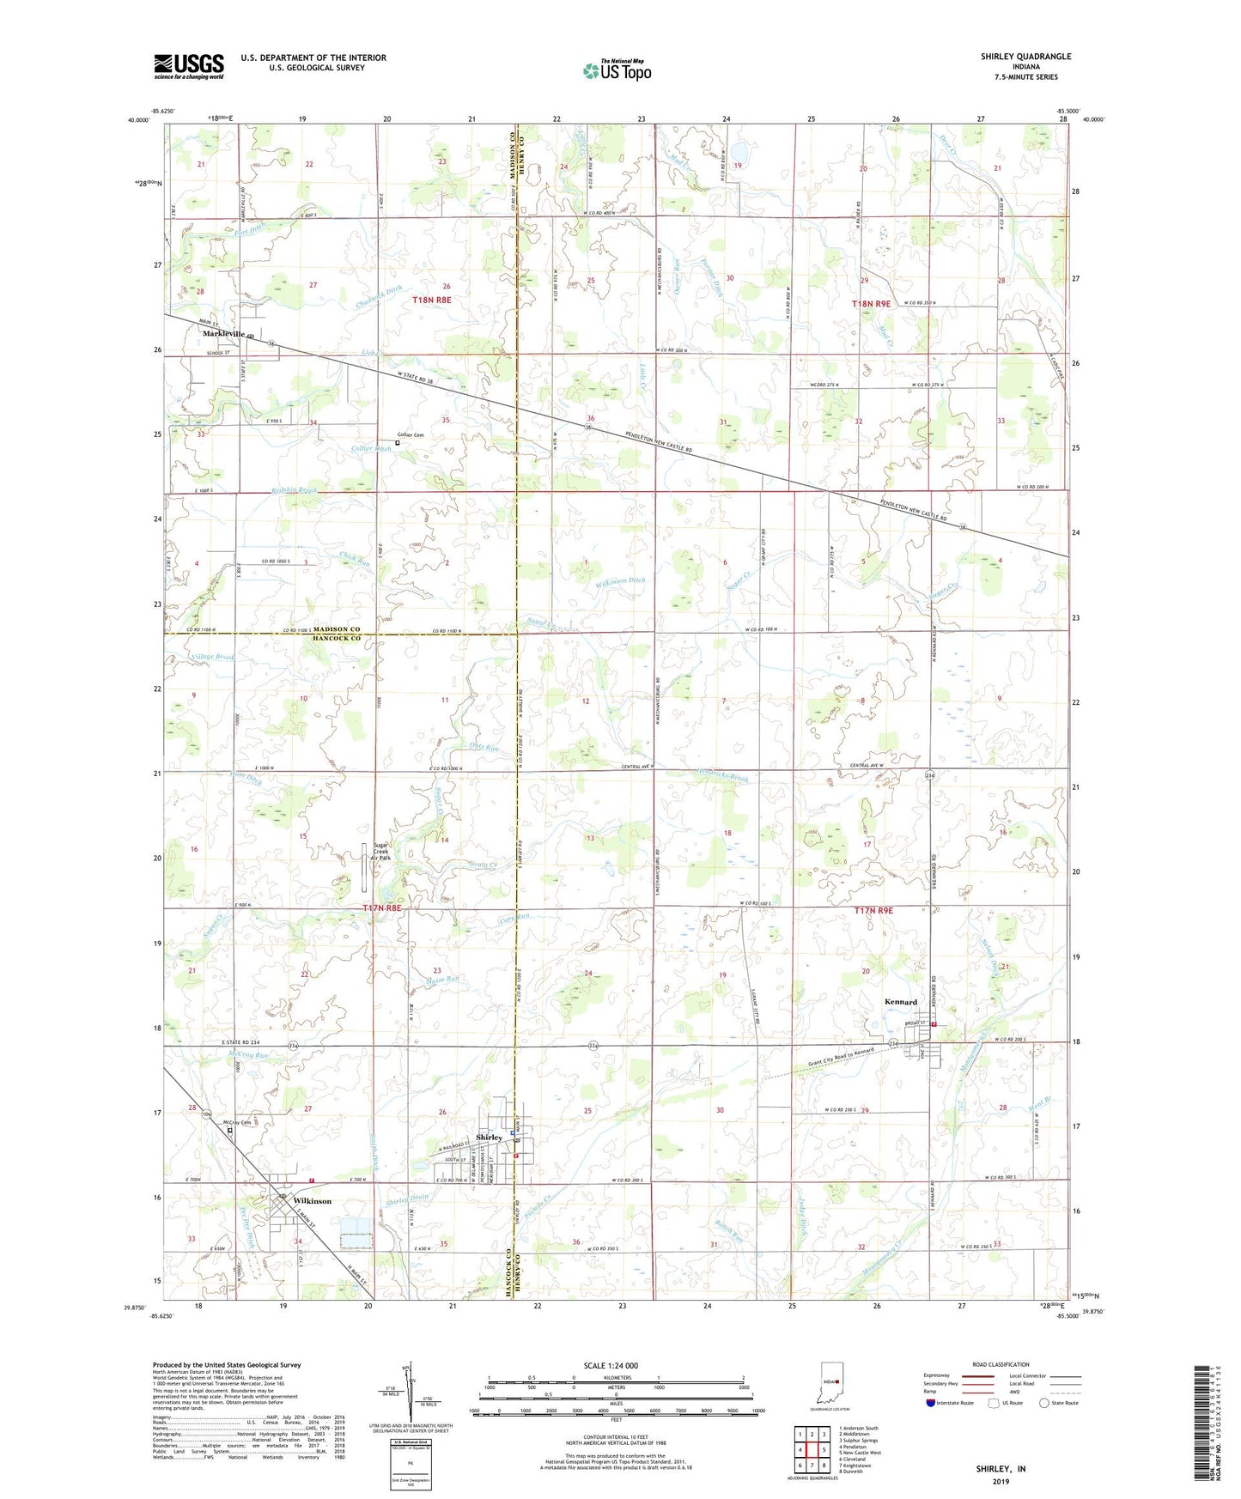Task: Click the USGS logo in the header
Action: [x=188, y=66]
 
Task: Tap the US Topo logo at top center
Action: [x=616, y=70]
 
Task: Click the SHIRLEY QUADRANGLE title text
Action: [x=1025, y=57]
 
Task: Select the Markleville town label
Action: [x=223, y=334]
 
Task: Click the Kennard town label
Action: [x=901, y=1002]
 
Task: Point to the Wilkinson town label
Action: [x=312, y=1201]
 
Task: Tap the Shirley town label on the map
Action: [x=489, y=1138]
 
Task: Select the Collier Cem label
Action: [x=411, y=435]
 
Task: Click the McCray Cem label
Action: [x=237, y=1123]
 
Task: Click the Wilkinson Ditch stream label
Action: [x=619, y=581]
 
